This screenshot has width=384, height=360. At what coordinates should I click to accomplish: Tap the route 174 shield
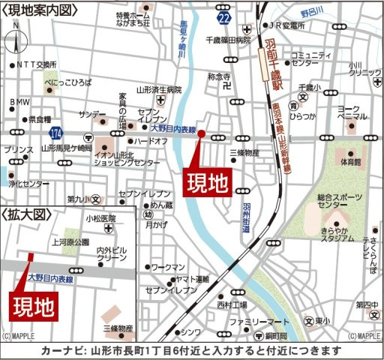tap(55, 132)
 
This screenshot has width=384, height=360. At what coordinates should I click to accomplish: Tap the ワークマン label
tap(168, 267)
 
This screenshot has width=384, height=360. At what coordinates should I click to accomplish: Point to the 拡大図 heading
tap(26, 214)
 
